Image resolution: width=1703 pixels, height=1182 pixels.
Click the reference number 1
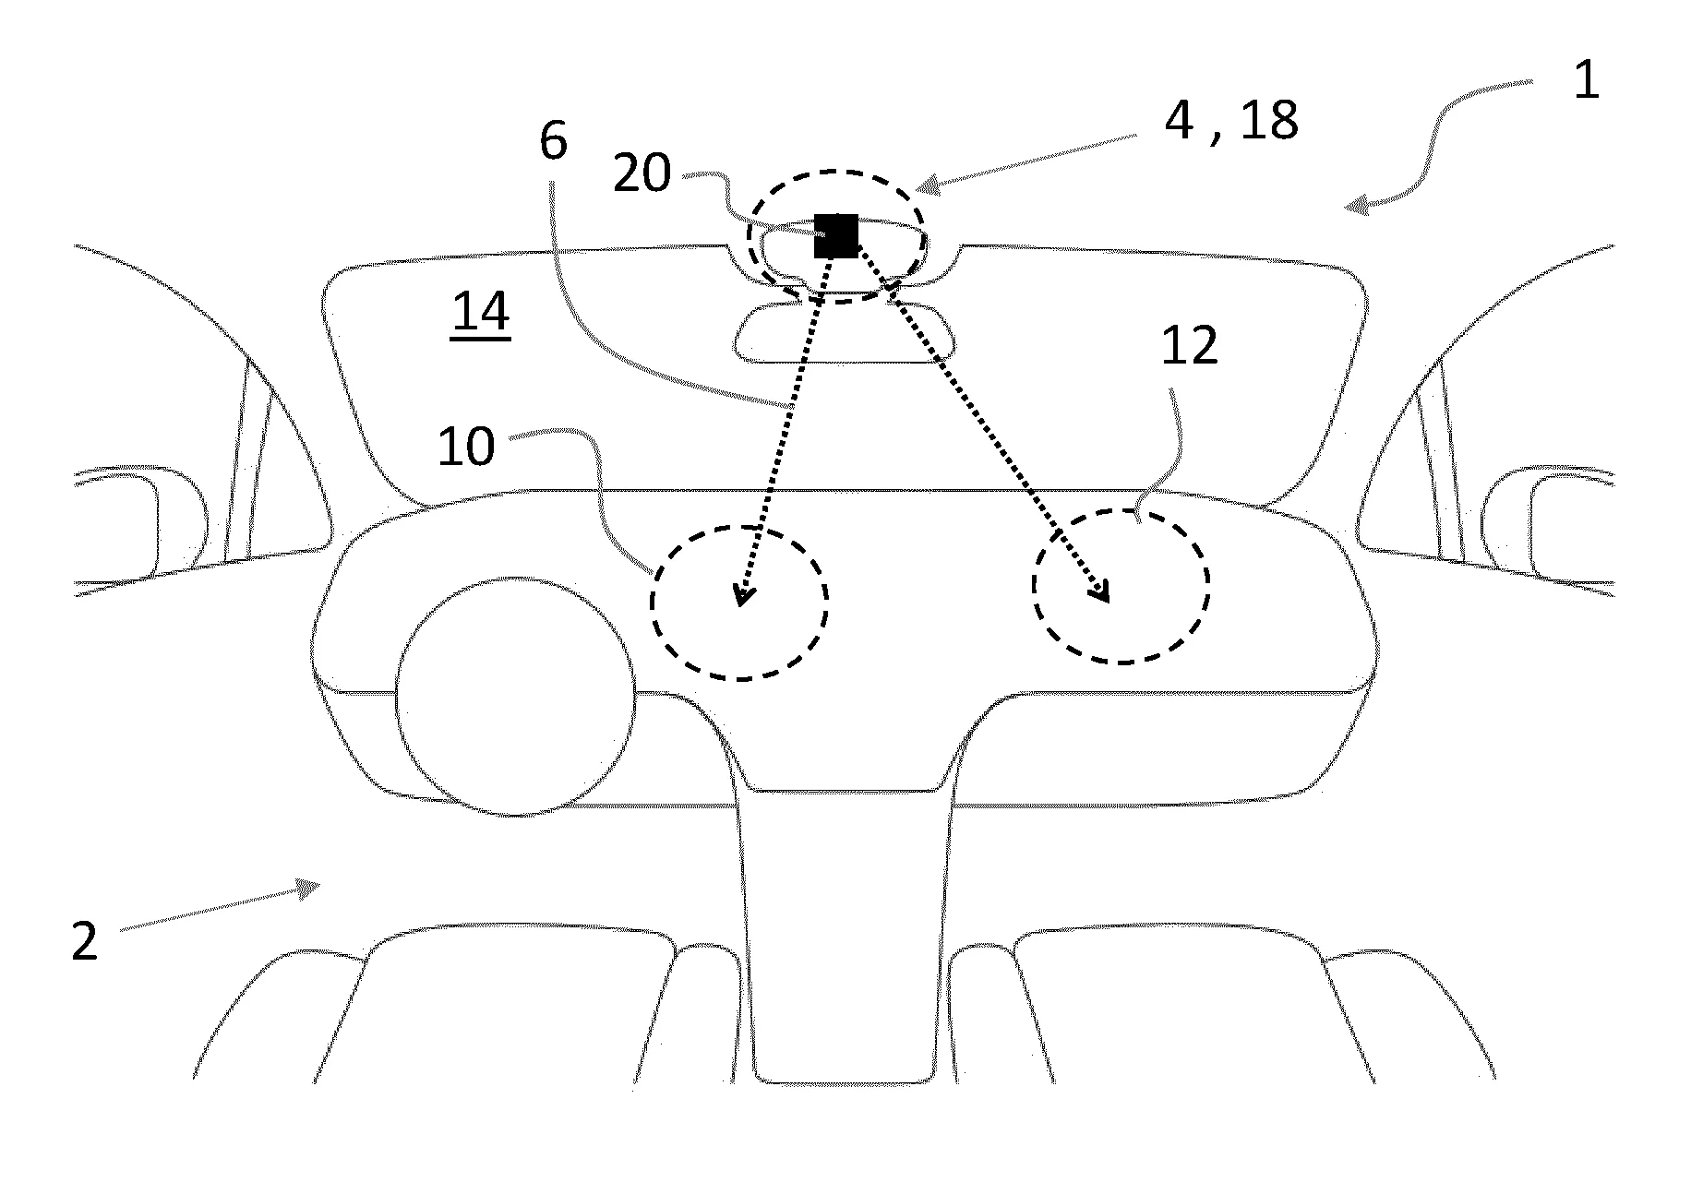(x=1585, y=81)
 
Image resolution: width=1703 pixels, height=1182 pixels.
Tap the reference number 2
(x=85, y=943)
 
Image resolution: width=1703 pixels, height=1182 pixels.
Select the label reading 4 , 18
(x=1230, y=120)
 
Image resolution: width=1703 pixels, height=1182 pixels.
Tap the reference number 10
(x=466, y=447)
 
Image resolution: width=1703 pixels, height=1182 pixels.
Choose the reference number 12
(x=1189, y=347)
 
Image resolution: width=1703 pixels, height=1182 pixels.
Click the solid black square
(x=835, y=235)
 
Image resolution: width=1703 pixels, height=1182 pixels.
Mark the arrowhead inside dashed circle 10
(x=741, y=594)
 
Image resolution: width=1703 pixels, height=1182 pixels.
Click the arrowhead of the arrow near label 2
(x=310, y=887)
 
